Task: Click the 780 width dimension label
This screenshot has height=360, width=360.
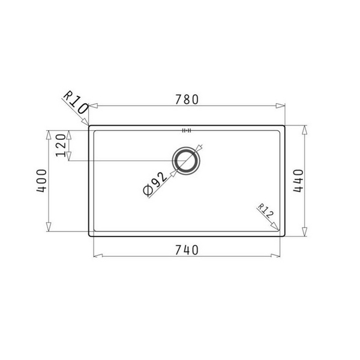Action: coord(187,100)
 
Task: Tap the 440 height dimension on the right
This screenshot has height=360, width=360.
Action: coord(298,180)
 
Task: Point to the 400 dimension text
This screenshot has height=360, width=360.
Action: coord(41,180)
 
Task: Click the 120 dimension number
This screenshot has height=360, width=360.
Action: coord(60,145)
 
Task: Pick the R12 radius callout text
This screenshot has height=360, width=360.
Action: coord(265,211)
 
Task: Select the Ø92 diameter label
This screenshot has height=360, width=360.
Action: coord(155,184)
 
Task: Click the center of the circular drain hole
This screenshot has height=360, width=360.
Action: coord(186,160)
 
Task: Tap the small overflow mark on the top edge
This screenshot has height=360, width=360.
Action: coord(186,129)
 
